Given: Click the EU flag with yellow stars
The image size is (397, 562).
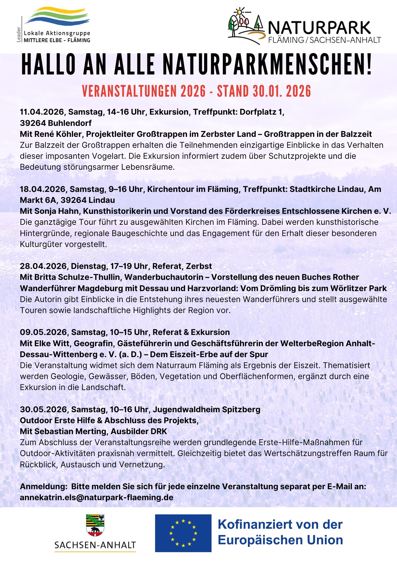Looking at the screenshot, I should point(183,533).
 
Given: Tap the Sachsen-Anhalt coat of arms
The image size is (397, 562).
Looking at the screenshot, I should point(95,525).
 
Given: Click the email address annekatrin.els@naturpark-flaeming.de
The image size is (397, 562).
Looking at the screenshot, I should point(96,497).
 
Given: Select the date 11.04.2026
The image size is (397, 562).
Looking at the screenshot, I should point(42,112).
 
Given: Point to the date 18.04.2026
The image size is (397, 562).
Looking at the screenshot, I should point(43,189).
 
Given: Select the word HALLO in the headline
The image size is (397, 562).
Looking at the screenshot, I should point(49,65).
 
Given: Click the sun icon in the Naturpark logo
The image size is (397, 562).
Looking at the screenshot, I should point(239,12).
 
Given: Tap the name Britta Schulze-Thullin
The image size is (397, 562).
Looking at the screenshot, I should point(77,277).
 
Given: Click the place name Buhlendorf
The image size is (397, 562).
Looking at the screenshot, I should point(70,123).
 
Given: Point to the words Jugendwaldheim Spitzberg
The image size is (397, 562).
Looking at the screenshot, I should point(206,409).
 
